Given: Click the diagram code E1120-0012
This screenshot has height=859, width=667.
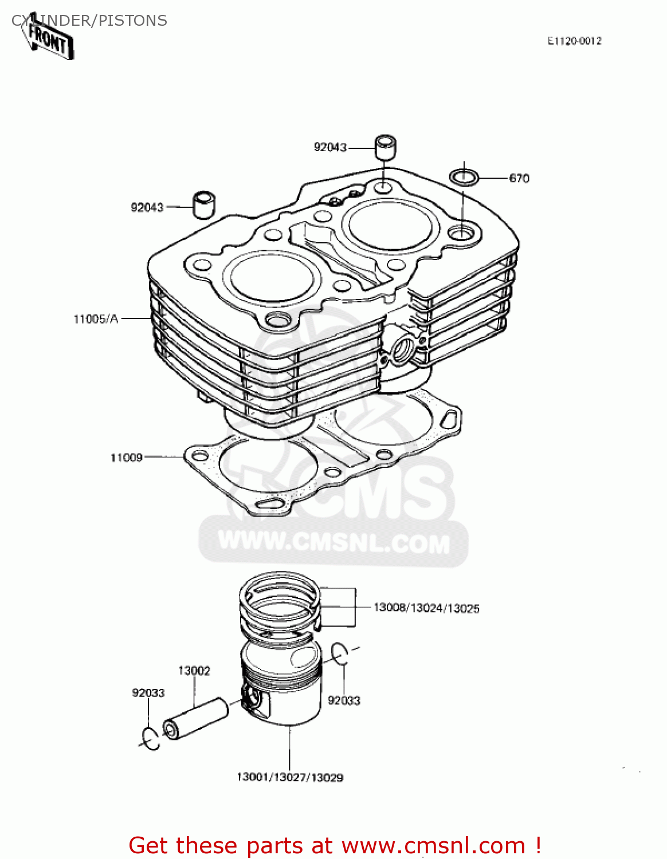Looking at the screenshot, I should pos(574,41).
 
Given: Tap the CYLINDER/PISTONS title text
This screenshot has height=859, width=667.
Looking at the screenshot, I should pos(89,21).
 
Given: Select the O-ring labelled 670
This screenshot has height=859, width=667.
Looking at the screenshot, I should pos(464,178).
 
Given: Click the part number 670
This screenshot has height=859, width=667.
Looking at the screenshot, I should pos(519,178).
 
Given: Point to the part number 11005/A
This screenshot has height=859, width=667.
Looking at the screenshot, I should pos(96,319).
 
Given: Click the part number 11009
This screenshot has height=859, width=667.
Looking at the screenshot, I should pos(126,457).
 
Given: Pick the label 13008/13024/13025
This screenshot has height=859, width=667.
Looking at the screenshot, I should pos(426,608).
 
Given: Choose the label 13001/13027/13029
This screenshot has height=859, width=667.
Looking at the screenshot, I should pos(290,777).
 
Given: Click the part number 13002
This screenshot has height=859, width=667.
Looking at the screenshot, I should pos(194,671).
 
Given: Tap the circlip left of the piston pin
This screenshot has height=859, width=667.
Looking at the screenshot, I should pos(151,738).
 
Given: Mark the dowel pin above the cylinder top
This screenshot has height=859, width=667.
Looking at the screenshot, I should pos(386,147).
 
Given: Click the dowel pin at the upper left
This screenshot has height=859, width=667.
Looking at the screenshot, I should pos(203,204).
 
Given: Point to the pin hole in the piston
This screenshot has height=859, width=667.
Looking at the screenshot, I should pos(252,699).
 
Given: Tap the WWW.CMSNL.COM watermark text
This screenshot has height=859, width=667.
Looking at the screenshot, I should pos(334,542).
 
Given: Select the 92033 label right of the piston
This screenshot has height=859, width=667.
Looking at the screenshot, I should pos(344,700).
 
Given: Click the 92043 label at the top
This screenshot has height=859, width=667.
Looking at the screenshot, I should pos(330,147).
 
